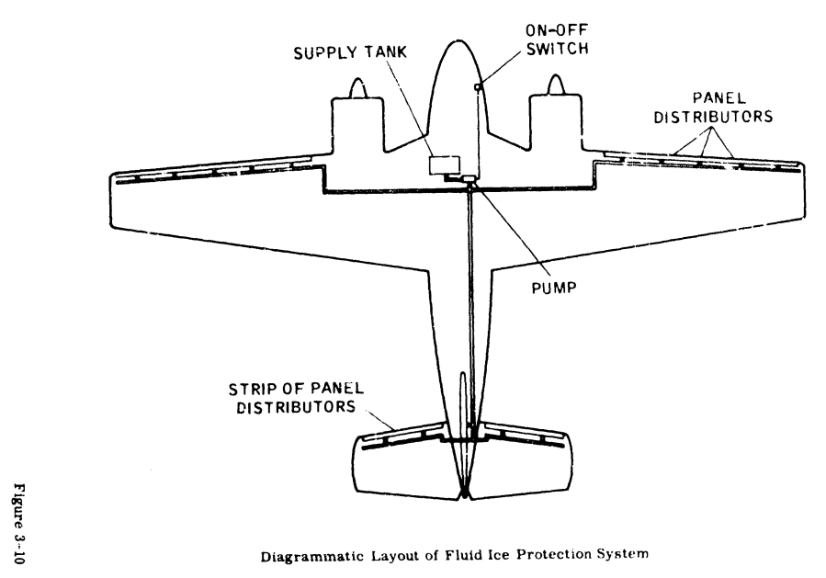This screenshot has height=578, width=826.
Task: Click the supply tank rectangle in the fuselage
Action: [445, 164]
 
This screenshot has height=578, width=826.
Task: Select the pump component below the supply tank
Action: [470, 180]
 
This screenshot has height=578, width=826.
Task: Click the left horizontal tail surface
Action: [406, 464]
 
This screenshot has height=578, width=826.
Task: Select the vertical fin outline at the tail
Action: [465, 404]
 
